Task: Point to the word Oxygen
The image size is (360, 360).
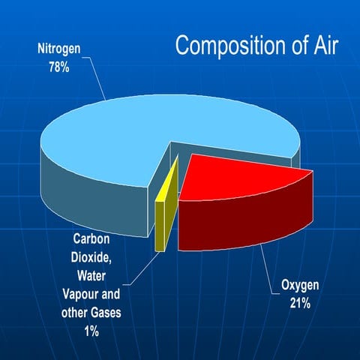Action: [x=301, y=285]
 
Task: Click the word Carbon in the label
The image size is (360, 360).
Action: [x=92, y=239]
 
